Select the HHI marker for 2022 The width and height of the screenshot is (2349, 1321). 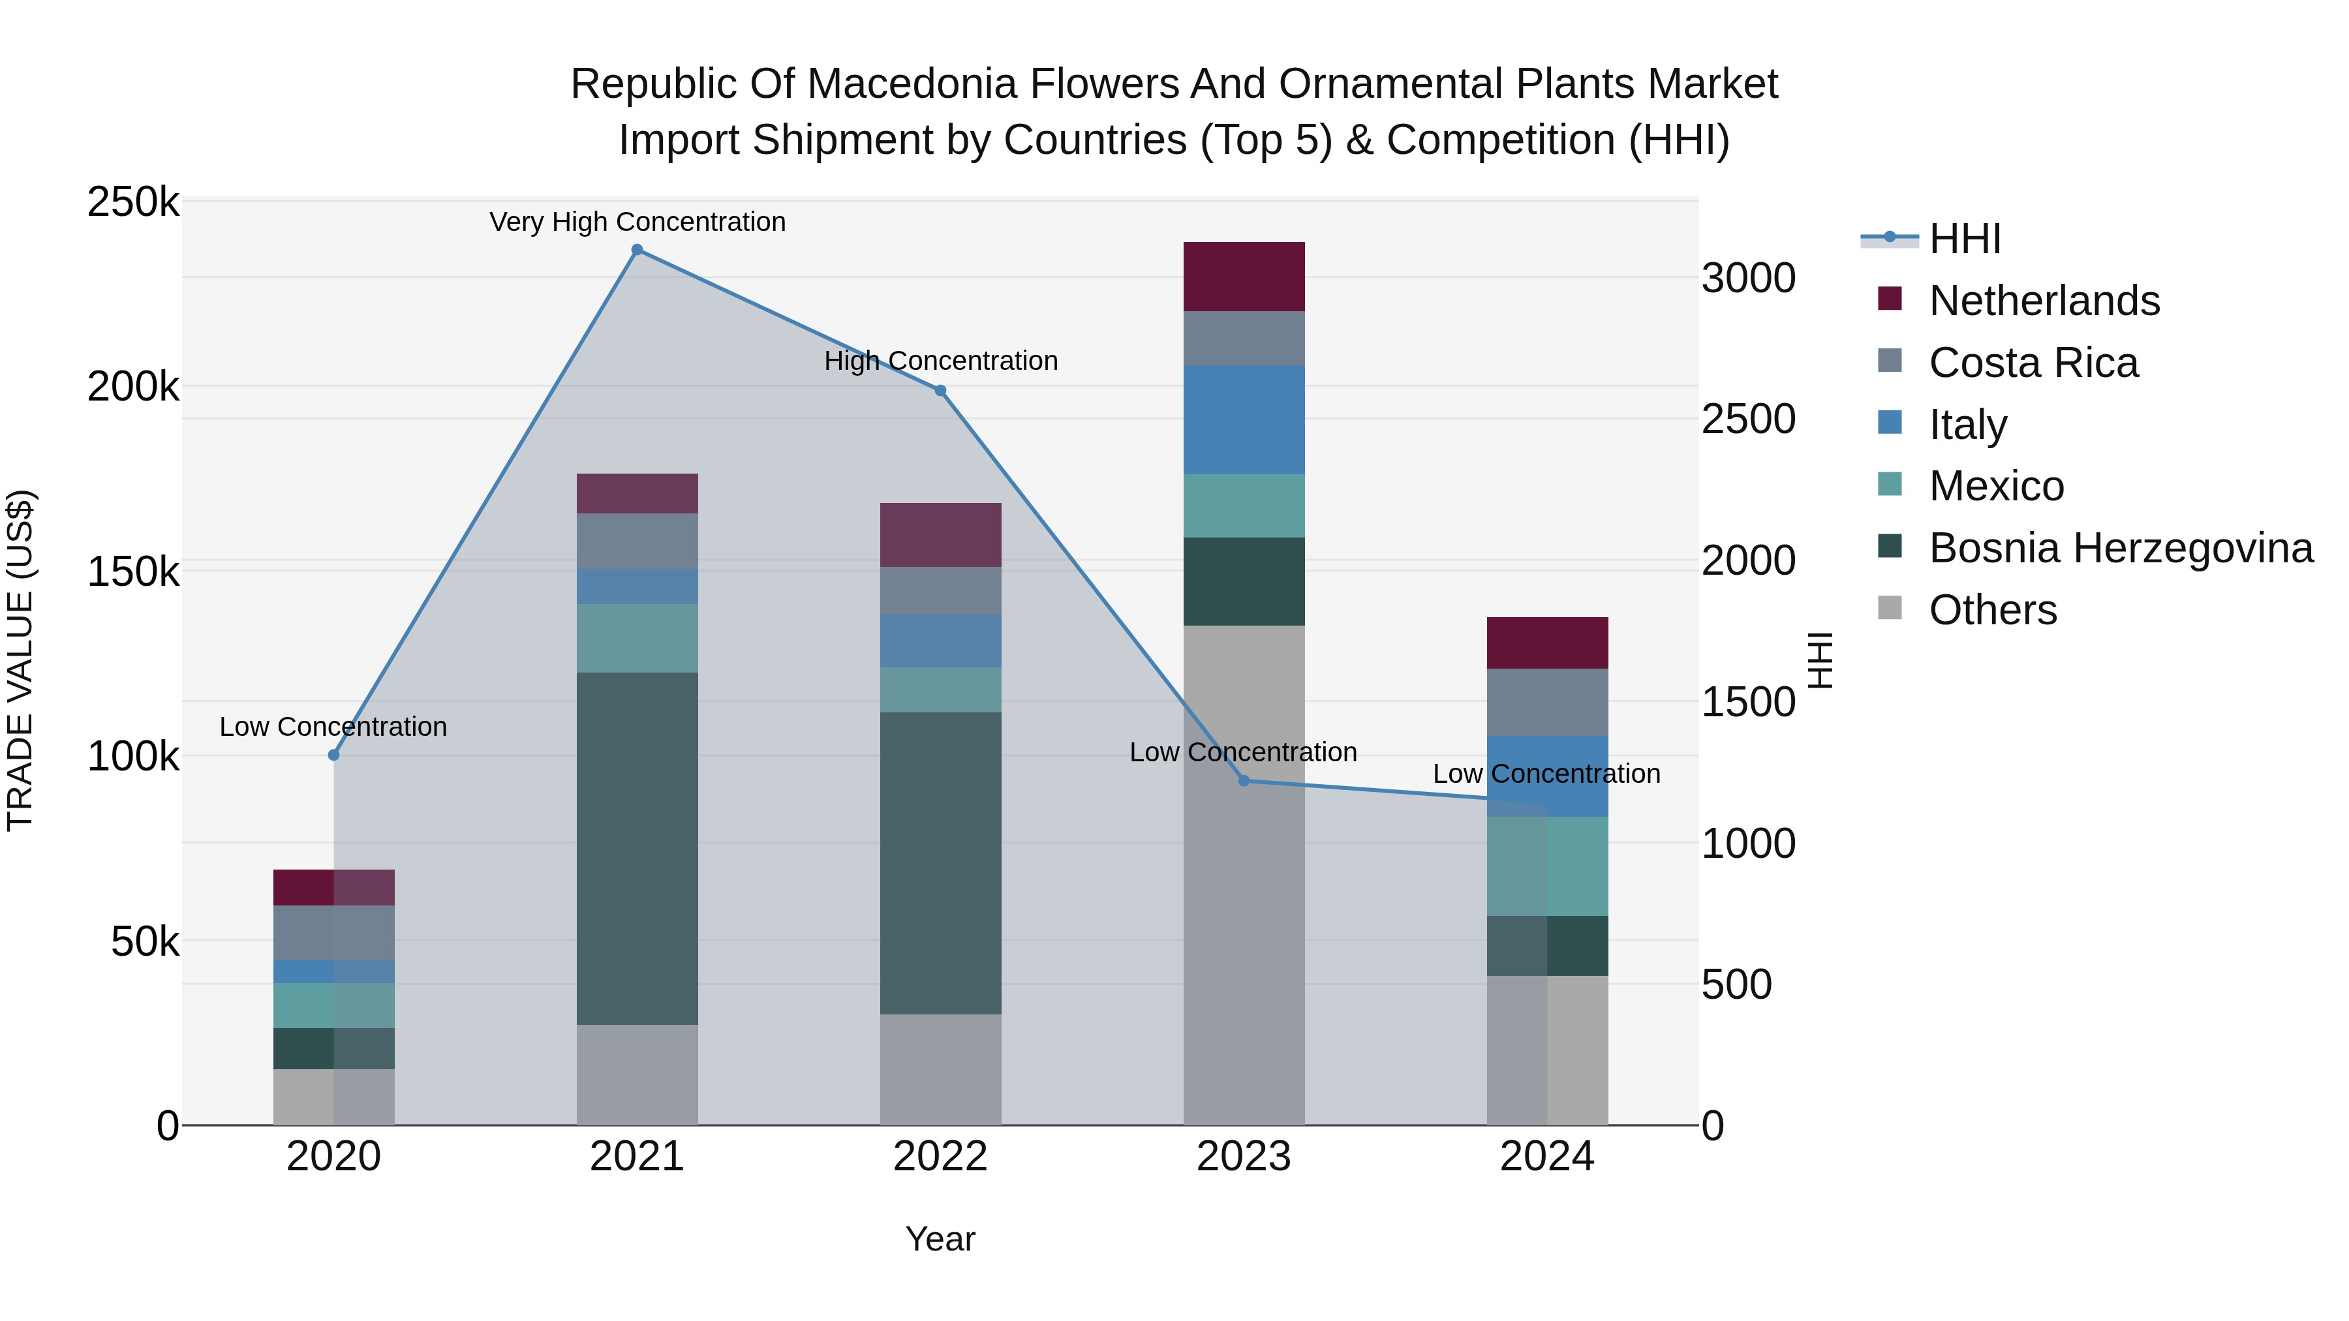[940, 390]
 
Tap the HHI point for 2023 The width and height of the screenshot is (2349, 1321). [1244, 780]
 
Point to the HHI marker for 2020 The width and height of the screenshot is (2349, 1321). [333, 755]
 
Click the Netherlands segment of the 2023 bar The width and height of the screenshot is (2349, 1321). [1244, 276]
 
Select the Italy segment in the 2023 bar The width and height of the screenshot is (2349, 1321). [1244, 419]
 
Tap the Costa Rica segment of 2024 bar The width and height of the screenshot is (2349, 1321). [1548, 702]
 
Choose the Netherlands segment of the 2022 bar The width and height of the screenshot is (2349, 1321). [940, 534]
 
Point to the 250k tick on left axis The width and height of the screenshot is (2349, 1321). [133, 202]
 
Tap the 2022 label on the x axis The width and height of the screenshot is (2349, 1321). [940, 1157]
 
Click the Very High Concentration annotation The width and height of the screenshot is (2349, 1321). [637, 222]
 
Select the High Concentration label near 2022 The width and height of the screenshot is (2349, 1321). [940, 361]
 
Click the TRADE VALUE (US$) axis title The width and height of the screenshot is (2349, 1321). [20, 660]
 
